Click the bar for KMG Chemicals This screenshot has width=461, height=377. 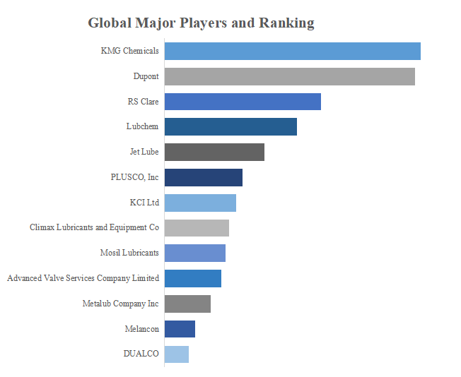point(292,52)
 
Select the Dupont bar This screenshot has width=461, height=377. point(289,76)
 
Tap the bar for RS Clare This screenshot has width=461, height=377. point(243,102)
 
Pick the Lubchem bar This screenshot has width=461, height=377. point(230,127)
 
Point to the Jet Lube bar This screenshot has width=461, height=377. point(214,152)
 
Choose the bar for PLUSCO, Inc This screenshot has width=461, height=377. point(204,177)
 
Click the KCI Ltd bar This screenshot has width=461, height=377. point(200,203)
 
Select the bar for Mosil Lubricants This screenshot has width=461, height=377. point(195,253)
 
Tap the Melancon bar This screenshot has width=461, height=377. point(180,329)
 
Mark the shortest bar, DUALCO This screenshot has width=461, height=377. point(177,354)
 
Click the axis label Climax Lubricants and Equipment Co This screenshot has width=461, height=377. point(94,228)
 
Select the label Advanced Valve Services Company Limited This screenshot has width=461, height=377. point(83,278)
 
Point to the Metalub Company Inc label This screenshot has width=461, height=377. point(121,304)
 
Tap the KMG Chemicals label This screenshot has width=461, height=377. point(130,51)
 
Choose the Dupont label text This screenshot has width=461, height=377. point(146,76)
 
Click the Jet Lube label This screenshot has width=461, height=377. point(144,152)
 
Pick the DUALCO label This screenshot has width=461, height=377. point(141,354)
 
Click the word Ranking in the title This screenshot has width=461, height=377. point(286,23)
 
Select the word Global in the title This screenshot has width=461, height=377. point(108,23)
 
